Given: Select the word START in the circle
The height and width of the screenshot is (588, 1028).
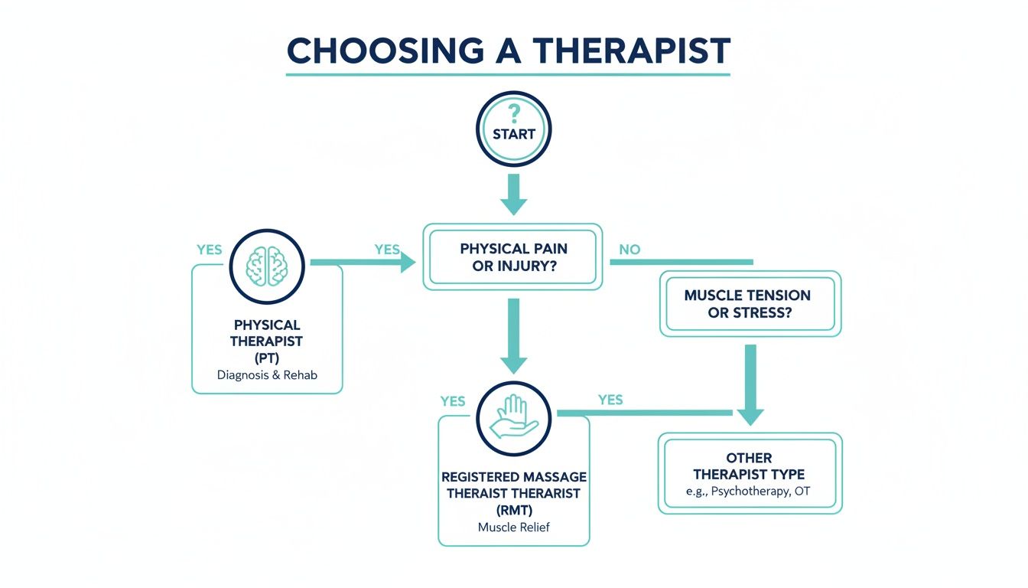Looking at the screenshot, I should coord(513,134).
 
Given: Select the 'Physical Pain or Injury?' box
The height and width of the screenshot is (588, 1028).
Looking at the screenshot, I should coord(513,256).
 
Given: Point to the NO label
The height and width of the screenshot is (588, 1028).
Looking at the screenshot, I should coord(629,250).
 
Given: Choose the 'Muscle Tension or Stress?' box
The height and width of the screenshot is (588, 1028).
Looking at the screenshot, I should coord(750,303).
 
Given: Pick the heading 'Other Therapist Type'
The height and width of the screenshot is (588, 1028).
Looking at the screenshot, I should coord(749,466).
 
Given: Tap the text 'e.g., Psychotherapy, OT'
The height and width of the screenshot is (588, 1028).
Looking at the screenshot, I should coord(749,492).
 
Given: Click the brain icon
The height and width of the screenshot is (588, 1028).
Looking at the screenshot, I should coord(268,266).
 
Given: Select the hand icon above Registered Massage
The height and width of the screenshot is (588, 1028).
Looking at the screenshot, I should coord(513,417).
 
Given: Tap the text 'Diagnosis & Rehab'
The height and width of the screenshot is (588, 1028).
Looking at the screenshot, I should coord(266,375).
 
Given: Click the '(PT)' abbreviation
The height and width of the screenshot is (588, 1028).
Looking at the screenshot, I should coord(266,357).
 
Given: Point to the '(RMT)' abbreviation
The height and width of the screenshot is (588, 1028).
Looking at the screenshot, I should coord(513,509).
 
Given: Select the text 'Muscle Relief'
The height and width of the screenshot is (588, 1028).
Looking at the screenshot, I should coord(513,527).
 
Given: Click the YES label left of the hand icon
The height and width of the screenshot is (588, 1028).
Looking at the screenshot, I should coord(453,401).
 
